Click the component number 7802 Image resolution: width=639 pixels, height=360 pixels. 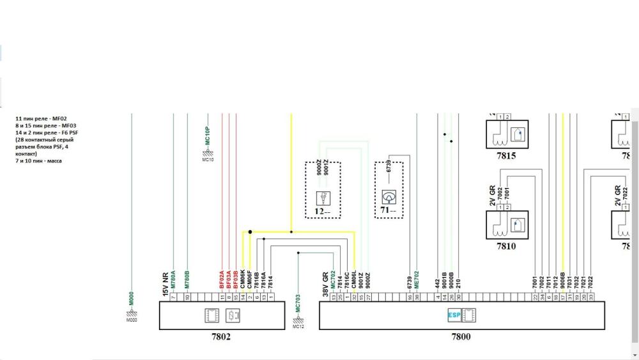221,337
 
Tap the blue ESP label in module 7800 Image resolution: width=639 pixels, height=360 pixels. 453,315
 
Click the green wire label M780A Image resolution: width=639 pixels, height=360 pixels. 173,281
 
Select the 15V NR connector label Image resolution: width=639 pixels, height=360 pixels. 165,282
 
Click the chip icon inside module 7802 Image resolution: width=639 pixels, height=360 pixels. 212,315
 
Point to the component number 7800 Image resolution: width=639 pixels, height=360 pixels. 461,337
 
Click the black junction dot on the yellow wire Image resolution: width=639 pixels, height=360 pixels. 250,232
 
